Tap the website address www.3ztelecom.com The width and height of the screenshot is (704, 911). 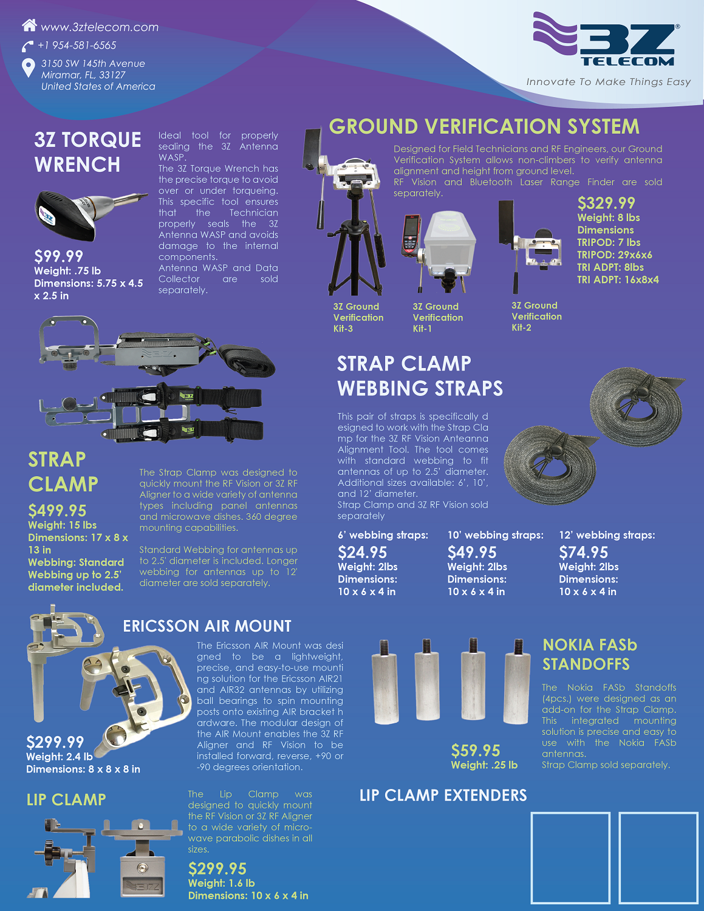pos(100,27)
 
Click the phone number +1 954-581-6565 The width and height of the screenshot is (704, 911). pos(77,45)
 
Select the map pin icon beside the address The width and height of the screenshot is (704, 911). pos(28,67)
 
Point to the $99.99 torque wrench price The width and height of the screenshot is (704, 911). pos(58,256)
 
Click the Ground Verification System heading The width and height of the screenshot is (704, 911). pos(484,126)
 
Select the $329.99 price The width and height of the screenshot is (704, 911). pos(606,203)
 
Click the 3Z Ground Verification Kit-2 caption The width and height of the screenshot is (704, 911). pos(536,316)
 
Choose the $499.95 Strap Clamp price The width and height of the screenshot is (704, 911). pos(57,511)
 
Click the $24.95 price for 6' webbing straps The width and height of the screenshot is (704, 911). pos(362,552)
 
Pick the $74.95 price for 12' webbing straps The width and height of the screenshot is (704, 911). pos(583,552)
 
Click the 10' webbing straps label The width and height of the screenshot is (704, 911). pos(495,535)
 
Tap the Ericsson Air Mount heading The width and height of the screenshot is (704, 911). pos(207,626)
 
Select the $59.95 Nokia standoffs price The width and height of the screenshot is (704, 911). pos(476,751)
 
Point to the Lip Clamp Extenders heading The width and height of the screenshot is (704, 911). pos(443,795)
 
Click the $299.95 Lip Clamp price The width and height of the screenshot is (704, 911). pos(217,868)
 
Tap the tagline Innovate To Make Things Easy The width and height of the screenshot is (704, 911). pos(608,81)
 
